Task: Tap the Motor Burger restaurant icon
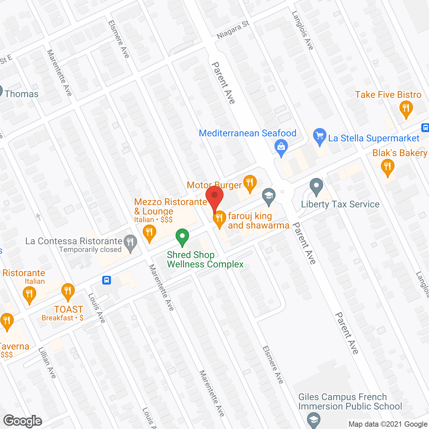click(x=250, y=183)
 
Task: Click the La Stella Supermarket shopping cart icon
click(x=320, y=136)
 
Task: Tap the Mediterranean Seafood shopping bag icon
click(x=281, y=147)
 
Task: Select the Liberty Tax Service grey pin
click(x=316, y=186)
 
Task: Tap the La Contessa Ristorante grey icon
click(x=130, y=242)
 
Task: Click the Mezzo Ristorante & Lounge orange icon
click(x=149, y=232)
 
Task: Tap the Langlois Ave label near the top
click(x=303, y=30)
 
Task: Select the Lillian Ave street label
click(x=47, y=363)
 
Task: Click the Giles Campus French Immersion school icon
click(x=314, y=420)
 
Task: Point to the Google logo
click(x=22, y=421)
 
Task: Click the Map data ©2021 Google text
click(x=388, y=424)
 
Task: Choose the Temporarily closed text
click(x=90, y=250)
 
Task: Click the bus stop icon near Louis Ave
click(x=107, y=280)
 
